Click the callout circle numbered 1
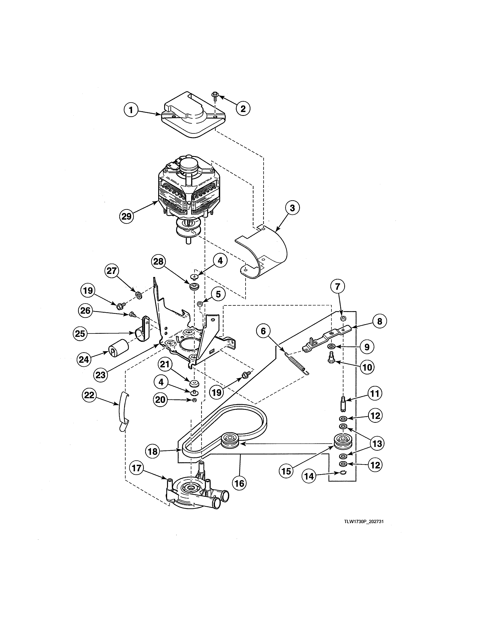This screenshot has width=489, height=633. tap(131, 110)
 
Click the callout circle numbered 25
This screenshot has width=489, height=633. tap(80, 334)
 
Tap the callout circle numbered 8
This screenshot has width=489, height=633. tap(380, 321)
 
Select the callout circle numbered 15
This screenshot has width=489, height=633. tap(286, 471)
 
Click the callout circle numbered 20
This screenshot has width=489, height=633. tap(160, 400)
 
